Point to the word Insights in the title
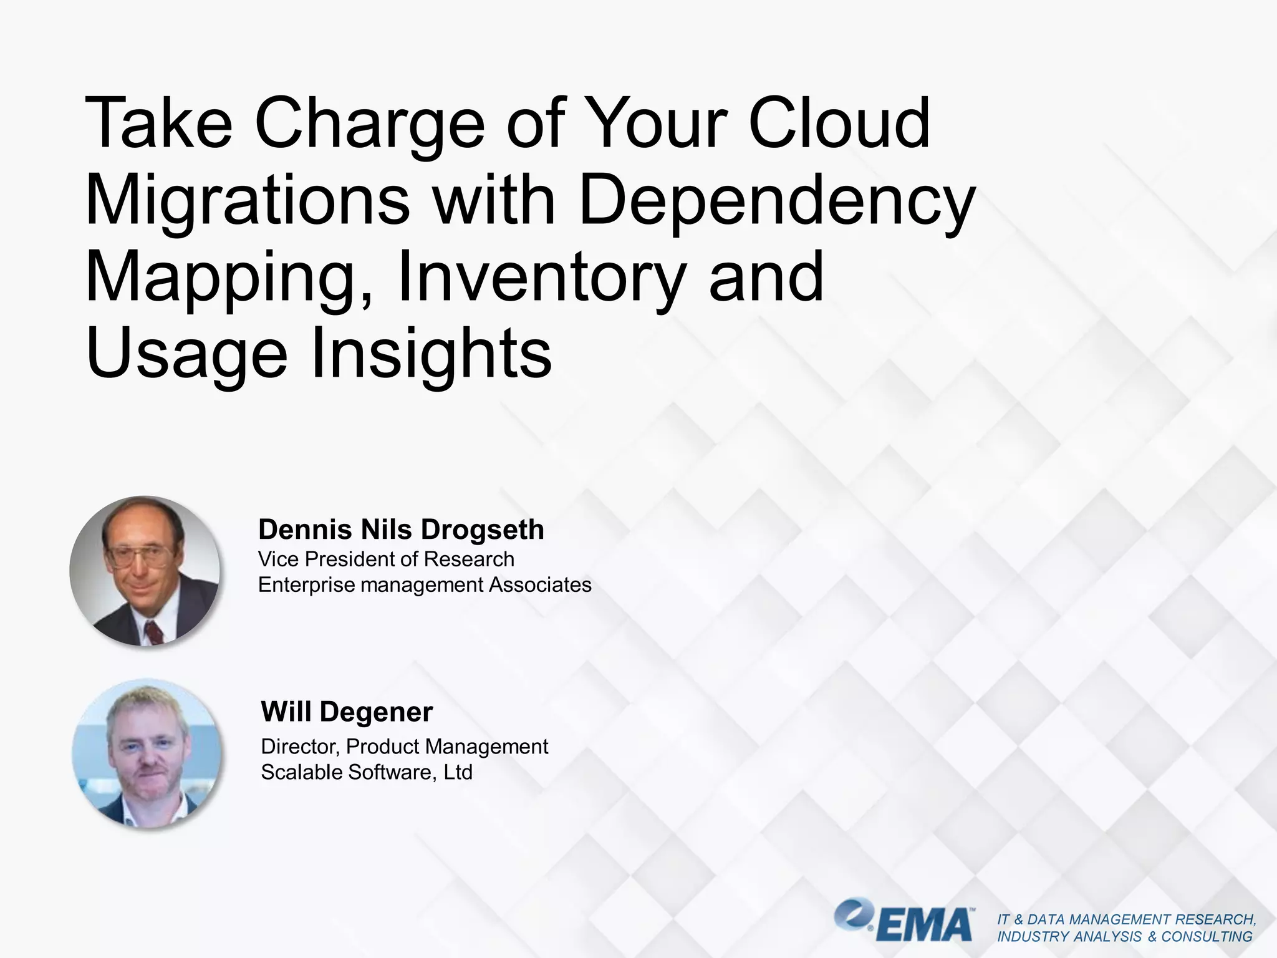tap(431, 354)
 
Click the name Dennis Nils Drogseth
tap(401, 530)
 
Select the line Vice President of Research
tap(386, 559)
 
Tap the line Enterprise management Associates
tap(425, 585)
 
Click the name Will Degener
tap(347, 712)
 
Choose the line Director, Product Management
tap(404, 747)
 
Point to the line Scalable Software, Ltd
tap(367, 772)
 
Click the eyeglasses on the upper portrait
tap(138, 555)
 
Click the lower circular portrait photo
tap(147, 753)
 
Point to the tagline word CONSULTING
tap(1207, 937)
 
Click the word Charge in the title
tap(369, 125)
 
